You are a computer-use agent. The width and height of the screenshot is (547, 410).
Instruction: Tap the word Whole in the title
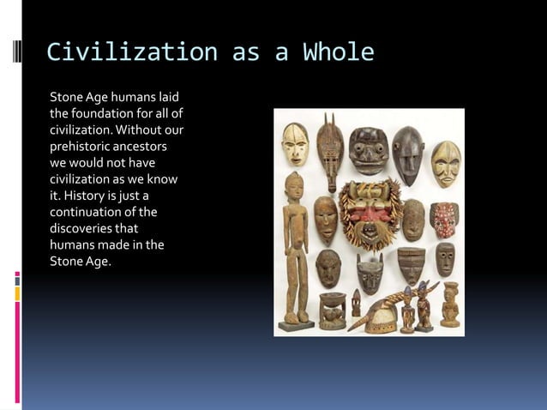tap(338, 52)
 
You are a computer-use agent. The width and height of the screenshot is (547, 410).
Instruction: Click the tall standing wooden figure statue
tap(294, 249)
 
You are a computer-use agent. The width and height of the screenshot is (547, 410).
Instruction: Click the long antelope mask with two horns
tap(328, 150)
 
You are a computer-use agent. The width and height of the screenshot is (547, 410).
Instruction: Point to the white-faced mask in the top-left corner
tap(295, 144)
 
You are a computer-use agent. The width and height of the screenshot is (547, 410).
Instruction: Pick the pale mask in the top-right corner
tap(445, 163)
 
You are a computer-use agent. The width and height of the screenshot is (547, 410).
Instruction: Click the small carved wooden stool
tap(333, 310)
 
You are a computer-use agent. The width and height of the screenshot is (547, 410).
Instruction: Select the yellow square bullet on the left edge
tap(16, 293)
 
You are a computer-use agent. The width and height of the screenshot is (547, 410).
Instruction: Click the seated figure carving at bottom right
tap(449, 304)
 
